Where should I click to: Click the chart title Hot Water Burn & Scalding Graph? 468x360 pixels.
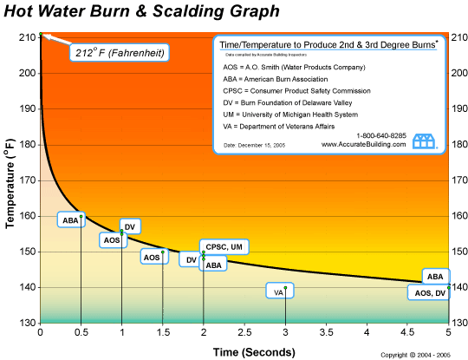[143, 12]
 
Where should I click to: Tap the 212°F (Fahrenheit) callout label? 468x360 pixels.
[118, 53]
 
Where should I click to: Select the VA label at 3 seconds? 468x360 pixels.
[277, 293]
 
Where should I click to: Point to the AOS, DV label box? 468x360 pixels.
[428, 293]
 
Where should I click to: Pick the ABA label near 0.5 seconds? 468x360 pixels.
[69, 221]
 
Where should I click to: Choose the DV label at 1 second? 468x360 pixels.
[130, 227]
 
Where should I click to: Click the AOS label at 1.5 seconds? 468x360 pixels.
[152, 257]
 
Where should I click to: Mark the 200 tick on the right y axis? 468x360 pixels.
[458, 74]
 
